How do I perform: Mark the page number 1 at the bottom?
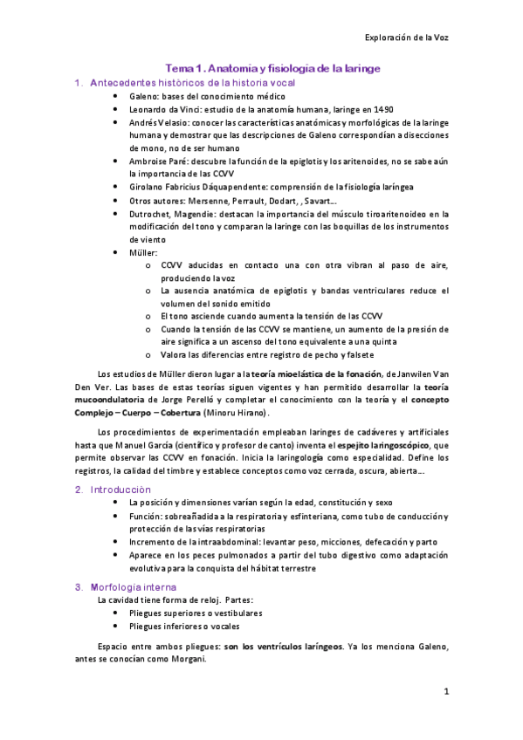point(446,693)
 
